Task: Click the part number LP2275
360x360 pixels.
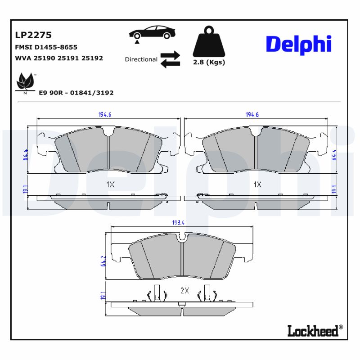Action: coord(33,35)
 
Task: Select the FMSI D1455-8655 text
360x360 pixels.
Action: coord(46,47)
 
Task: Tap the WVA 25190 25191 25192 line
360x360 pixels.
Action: coord(59,58)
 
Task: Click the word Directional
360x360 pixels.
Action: coord(141,59)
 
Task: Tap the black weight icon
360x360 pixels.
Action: coord(208,43)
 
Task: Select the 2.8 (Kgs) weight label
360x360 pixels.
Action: coord(208,63)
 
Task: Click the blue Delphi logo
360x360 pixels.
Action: coord(298,44)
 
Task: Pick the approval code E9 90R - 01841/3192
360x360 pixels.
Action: coord(76,93)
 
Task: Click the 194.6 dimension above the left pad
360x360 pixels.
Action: coord(105,115)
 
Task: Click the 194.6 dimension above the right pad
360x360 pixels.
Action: coord(252,115)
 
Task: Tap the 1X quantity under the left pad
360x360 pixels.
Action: coord(110,184)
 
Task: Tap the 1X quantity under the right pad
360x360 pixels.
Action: coord(257,184)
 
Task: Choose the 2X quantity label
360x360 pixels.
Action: coord(184,291)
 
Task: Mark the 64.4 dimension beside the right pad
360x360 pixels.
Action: coord(334,154)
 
